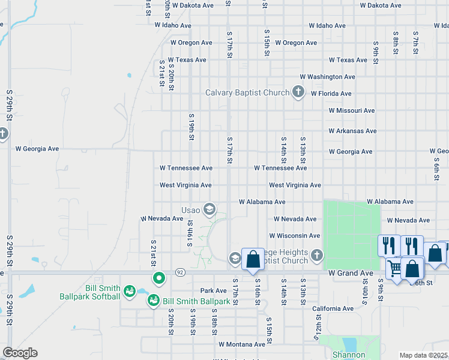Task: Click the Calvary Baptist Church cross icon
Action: tap(298, 92)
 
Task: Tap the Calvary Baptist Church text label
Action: tap(247, 92)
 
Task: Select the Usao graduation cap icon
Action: tap(209, 209)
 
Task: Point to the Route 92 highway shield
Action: tap(179, 273)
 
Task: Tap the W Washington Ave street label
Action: tap(327, 77)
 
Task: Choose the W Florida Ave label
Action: tap(331, 94)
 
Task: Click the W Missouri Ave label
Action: tap(351, 110)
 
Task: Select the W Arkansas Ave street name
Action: tap(352, 131)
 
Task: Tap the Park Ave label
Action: tap(213, 290)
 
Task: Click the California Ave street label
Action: tap(333, 308)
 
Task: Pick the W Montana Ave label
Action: tap(241, 344)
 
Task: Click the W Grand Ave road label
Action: tap(352, 273)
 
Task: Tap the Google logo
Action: tap(20, 353)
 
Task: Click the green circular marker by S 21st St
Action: tap(158, 278)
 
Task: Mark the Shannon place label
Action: tap(349, 355)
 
